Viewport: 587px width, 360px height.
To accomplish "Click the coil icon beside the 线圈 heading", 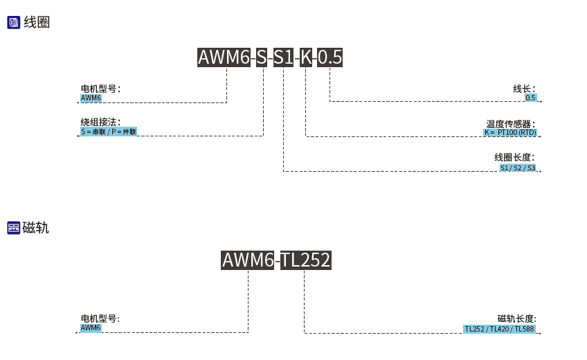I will point(14,23).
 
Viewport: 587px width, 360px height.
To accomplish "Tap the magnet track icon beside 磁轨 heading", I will point(14,228).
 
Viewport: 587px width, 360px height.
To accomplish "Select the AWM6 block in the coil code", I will point(224,57).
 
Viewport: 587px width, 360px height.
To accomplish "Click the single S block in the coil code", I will point(262,57).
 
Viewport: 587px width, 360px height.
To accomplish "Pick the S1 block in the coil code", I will point(283,57).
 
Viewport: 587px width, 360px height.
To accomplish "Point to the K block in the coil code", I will point(306,57).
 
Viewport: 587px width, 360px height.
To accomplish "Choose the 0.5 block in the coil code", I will point(329,57).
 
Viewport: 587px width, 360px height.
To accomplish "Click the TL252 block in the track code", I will point(305,260).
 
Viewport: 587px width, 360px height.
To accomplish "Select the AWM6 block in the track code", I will point(248,260).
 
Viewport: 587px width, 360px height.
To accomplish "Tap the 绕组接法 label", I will point(100,122).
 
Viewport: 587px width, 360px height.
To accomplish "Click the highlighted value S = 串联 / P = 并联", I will point(109,132).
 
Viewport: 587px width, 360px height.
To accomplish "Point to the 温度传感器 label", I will point(510,124).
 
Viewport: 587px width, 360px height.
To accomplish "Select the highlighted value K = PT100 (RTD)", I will point(509,132).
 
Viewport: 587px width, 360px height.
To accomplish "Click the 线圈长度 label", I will point(514,158).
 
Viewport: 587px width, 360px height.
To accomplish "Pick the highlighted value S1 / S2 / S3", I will point(517,168).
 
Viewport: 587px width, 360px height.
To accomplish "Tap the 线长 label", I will point(523,89).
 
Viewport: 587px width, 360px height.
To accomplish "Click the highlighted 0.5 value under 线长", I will point(530,98).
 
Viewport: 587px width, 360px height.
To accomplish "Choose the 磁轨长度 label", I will point(516,318).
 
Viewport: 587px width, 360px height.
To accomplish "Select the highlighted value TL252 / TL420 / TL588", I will point(499,329).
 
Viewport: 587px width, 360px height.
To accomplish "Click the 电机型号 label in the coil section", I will point(100,89).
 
